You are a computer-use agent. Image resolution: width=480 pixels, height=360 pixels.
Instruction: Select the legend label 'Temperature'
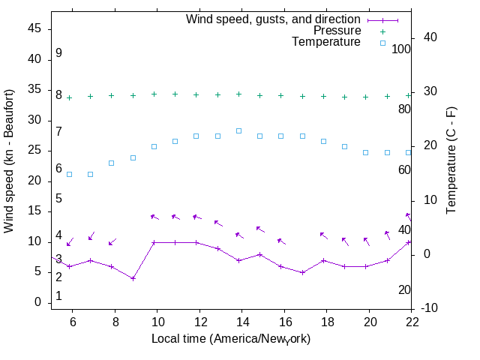pyautogui.click(x=326, y=43)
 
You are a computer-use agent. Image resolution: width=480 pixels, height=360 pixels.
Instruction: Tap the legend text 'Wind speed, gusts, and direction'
pyautogui.click(x=273, y=19)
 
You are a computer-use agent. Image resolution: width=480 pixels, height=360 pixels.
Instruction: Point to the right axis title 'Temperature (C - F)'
pyautogui.click(x=451, y=160)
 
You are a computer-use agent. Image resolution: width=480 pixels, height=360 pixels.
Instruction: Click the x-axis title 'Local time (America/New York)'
pyautogui.click(x=231, y=339)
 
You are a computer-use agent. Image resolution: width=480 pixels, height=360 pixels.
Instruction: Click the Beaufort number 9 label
pyautogui.click(x=58, y=54)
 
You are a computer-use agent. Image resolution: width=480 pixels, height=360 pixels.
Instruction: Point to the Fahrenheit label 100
pyautogui.click(x=401, y=49)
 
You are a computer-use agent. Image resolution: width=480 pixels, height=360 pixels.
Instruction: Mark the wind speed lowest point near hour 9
pyautogui.click(x=133, y=278)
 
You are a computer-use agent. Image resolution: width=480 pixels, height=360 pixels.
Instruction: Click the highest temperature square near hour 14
pyautogui.click(x=238, y=130)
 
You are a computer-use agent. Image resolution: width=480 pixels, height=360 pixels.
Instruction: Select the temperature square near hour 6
pyautogui.click(x=70, y=174)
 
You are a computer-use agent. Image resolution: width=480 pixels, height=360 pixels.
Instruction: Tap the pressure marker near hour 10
pyautogui.click(x=154, y=94)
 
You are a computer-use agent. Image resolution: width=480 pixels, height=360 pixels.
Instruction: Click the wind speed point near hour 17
pyautogui.click(x=302, y=272)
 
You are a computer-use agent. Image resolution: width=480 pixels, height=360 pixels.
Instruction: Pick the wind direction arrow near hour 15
pyautogui.click(x=259, y=229)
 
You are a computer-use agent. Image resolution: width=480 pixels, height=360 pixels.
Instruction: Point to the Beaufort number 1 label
pyautogui.click(x=58, y=296)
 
